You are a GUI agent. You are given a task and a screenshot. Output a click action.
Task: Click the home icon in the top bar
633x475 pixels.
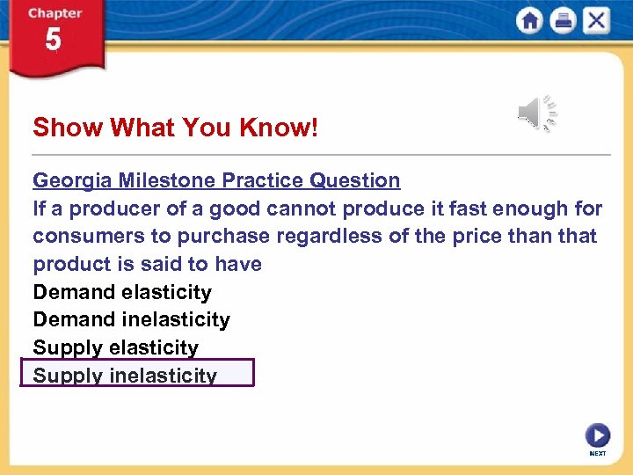(x=530, y=20)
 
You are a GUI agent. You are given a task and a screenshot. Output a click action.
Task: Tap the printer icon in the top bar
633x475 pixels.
(x=563, y=20)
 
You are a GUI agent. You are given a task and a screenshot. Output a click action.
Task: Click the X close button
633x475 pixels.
(x=595, y=20)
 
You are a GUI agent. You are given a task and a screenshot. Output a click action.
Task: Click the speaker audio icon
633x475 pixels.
(x=537, y=113)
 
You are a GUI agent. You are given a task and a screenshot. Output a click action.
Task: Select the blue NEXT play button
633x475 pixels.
(x=597, y=435)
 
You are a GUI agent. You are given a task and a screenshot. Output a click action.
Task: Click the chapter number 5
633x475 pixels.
(x=54, y=40)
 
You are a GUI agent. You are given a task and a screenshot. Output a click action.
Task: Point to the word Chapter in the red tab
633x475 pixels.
(x=54, y=13)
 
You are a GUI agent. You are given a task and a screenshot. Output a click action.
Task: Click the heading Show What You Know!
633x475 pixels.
(x=175, y=128)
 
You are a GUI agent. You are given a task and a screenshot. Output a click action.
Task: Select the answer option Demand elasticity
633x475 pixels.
(x=122, y=292)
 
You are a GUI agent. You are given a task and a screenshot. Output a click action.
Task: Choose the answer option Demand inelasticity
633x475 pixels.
(x=131, y=319)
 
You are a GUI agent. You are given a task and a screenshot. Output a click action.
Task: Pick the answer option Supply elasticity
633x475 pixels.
(x=115, y=347)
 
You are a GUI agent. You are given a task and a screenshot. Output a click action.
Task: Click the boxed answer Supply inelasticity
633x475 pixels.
(x=125, y=375)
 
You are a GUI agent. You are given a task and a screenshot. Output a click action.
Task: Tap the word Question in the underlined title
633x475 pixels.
(x=354, y=180)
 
